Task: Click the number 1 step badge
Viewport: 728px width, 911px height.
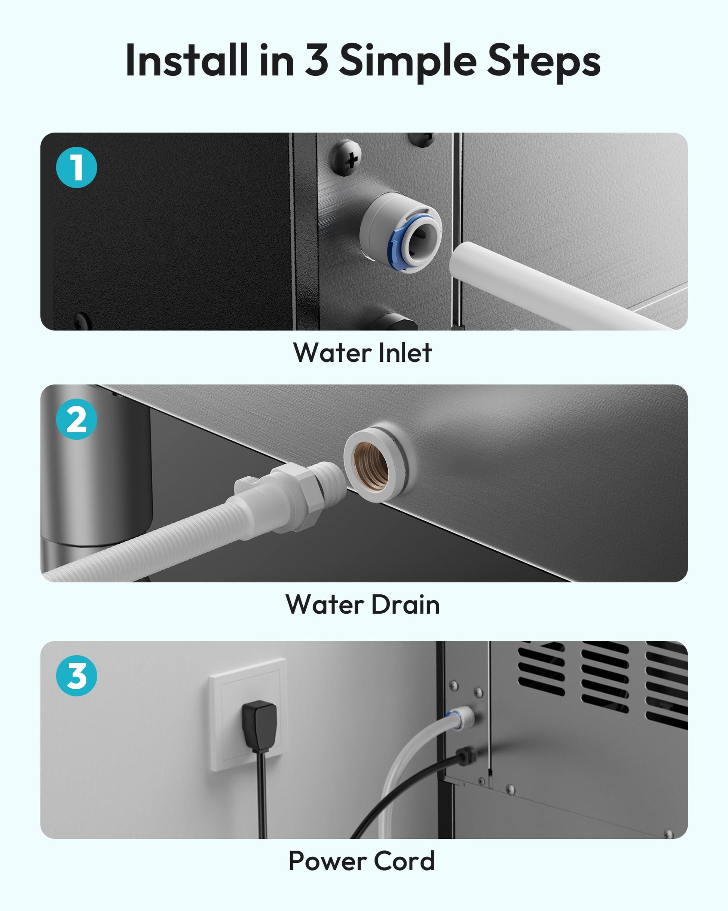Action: tap(76, 167)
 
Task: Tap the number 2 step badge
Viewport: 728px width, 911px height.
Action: tap(76, 419)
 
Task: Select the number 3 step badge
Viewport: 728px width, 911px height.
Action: tap(76, 675)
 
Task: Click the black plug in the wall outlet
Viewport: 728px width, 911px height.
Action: tap(259, 726)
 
